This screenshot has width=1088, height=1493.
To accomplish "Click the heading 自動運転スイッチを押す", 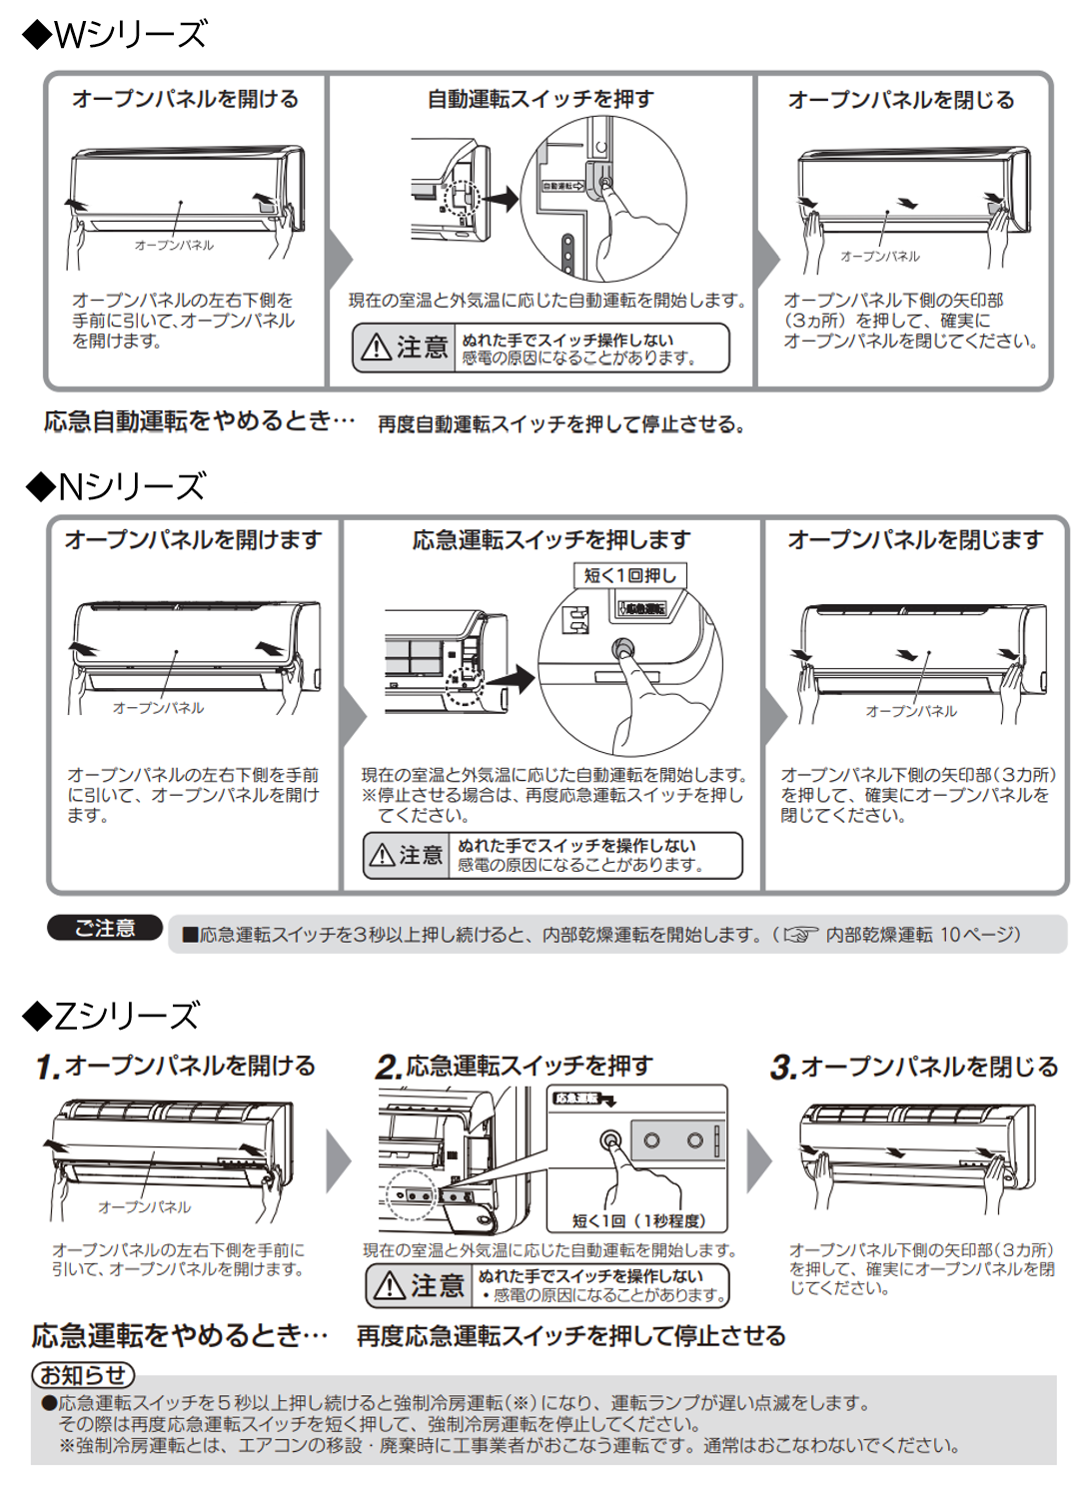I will point(540,100).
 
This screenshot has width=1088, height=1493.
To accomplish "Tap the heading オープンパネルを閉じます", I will point(914,540).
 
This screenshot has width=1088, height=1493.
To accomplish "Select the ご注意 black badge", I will point(105,929).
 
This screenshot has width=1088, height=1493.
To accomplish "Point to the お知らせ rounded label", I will point(83,1375).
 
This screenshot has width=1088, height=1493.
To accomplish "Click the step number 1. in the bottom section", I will point(48,1068).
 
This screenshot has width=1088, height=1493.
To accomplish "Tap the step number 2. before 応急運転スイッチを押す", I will point(389,1068).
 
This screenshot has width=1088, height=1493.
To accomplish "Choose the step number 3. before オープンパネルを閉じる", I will point(783,1068).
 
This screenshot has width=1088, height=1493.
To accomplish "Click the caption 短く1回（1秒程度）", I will point(638,1220).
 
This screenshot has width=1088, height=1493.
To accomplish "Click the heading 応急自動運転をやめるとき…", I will point(199,421).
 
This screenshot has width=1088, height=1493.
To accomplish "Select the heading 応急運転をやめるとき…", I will point(180,1335).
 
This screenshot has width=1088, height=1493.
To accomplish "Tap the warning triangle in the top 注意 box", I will point(377,348).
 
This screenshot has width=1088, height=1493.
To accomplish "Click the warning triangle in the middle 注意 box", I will point(383,856).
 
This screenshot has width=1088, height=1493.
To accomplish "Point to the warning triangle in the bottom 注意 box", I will point(389,1286).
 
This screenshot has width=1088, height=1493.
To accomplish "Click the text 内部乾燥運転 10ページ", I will point(922,935).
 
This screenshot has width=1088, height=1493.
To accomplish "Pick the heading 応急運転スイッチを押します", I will point(550,540).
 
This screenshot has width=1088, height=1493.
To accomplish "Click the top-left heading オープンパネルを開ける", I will point(185,100).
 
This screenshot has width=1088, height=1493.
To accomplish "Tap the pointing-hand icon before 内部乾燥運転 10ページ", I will point(799,935).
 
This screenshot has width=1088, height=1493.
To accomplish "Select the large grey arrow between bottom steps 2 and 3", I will point(759,1161).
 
